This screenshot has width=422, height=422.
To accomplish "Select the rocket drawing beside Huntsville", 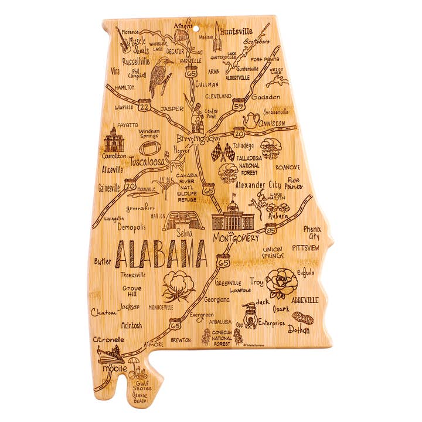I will tap(217, 35).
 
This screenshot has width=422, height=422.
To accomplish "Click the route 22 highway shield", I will tap(145, 105).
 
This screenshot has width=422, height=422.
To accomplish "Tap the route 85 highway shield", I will tap(270, 230).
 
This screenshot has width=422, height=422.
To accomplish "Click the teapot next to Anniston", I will tap(251, 120).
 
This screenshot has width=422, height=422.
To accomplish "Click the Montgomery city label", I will tap(236, 239).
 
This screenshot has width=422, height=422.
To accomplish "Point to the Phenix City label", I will tap(312, 233).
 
